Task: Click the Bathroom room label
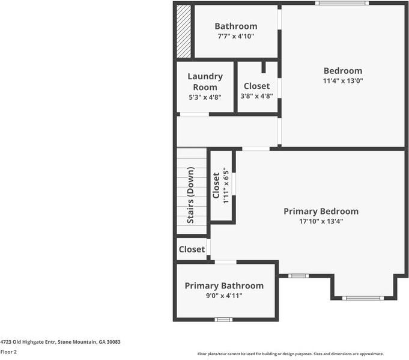(x=236, y=26)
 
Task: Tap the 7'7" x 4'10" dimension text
(x=236, y=36)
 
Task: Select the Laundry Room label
(x=205, y=82)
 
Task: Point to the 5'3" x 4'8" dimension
(x=205, y=97)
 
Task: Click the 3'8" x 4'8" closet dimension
(x=256, y=96)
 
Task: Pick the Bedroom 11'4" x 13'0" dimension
(x=343, y=81)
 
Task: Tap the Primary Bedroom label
(x=321, y=211)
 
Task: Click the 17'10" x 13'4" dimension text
(x=321, y=221)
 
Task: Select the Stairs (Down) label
(x=190, y=195)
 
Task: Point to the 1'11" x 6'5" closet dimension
(x=226, y=187)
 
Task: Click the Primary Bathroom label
(x=224, y=285)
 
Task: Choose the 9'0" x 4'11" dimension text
(x=224, y=296)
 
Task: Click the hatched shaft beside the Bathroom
(x=184, y=31)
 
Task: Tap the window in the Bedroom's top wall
(x=342, y=3)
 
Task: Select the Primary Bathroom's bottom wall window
(x=223, y=320)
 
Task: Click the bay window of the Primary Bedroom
(x=363, y=298)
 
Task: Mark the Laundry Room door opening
(x=195, y=114)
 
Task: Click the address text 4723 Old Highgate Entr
(x=28, y=342)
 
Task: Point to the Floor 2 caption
(x=8, y=352)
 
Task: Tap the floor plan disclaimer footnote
(x=290, y=354)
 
